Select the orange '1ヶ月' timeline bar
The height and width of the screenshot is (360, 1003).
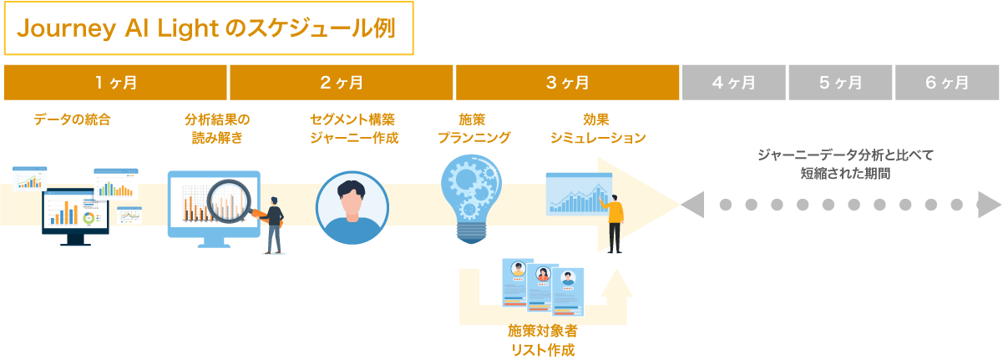pyautogui.click(x=115, y=82)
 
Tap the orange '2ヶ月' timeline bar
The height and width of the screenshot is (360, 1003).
pyautogui.click(x=342, y=82)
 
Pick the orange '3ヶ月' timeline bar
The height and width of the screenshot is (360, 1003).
pyautogui.click(x=567, y=82)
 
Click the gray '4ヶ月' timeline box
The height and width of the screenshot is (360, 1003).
pyautogui.click(x=734, y=82)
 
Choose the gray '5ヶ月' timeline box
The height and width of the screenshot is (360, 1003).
pyautogui.click(x=840, y=82)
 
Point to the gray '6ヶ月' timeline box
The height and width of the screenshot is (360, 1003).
pyautogui.click(x=947, y=82)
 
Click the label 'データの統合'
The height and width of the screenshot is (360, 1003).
pyautogui.click(x=72, y=119)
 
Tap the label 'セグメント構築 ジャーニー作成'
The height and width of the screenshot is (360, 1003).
pyautogui.click(x=353, y=128)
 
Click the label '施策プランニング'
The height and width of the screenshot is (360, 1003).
pyautogui.click(x=474, y=128)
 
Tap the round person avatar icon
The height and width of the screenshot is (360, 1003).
pyautogui.click(x=352, y=207)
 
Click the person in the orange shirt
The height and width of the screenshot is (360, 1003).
pyautogui.click(x=615, y=221)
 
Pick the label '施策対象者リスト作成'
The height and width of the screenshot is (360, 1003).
pyautogui.click(x=542, y=340)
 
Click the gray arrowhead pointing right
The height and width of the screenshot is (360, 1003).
pyautogui.click(x=988, y=204)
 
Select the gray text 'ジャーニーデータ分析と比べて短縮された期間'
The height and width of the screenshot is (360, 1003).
pyautogui.click(x=844, y=164)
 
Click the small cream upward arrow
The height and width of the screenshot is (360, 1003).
pyautogui.click(x=616, y=286)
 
